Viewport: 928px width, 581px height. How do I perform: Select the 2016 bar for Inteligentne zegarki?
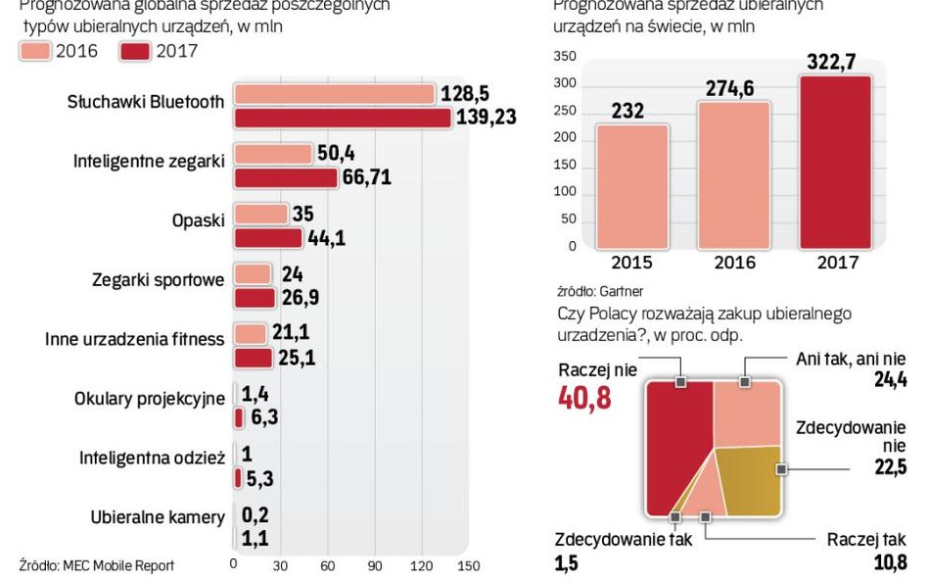273,155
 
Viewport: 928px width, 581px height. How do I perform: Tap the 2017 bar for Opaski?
268,238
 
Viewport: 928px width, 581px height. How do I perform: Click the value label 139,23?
487,118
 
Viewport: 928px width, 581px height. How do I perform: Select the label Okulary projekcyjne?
150,399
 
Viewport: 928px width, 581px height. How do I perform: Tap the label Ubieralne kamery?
158,517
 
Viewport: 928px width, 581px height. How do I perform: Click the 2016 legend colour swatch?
36,51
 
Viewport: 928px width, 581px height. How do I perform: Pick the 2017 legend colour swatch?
135,51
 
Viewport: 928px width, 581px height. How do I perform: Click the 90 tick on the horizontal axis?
375,564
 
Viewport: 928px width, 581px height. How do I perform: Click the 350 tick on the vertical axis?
565,57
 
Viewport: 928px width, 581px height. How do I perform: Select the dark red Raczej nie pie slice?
675,441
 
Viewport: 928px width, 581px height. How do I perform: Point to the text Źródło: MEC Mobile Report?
96,564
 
